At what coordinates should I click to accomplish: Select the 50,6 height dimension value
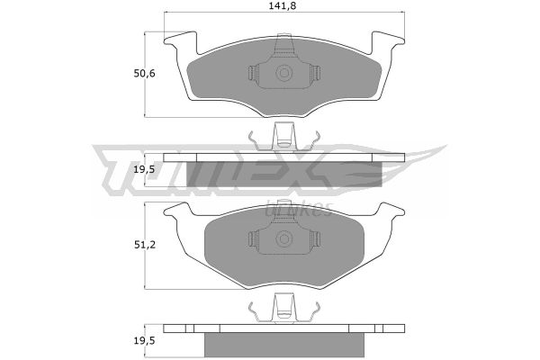click(144, 74)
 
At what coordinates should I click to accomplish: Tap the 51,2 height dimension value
click(145, 245)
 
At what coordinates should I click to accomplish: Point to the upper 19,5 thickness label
click(145, 169)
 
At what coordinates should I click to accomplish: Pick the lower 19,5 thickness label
click(145, 341)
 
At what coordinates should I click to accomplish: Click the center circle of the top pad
click(284, 73)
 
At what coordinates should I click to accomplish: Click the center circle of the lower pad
click(284, 238)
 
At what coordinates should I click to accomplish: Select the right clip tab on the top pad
click(315, 73)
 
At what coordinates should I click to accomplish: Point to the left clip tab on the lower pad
click(254, 238)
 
